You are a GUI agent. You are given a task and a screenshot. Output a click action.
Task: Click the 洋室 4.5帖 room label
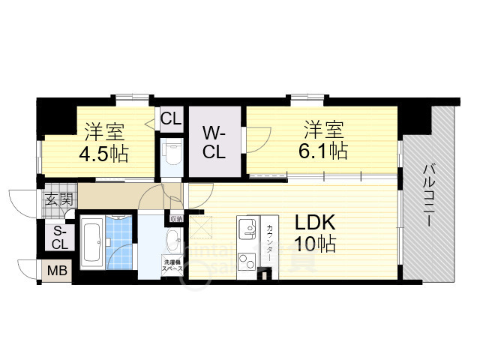pyautogui.click(x=105, y=142)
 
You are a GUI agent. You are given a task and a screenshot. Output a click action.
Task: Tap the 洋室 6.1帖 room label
pyautogui.click(x=325, y=139)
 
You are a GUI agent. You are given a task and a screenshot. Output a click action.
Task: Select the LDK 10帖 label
pyautogui.click(x=314, y=232)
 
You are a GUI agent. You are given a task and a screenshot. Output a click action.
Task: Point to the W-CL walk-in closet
pyautogui.click(x=214, y=142)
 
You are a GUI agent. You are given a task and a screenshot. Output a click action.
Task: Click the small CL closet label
pyautogui.click(x=171, y=118)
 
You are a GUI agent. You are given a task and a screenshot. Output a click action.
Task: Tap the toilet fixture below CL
pyautogui.click(x=172, y=153)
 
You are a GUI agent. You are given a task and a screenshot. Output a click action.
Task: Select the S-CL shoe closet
pyautogui.click(x=59, y=237)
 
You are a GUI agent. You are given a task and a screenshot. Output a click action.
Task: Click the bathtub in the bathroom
pyautogui.click(x=94, y=241)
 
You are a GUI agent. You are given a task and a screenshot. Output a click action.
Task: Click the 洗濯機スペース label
pyautogui.click(x=172, y=265)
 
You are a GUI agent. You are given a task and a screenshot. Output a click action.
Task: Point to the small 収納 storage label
pyautogui.click(x=176, y=218)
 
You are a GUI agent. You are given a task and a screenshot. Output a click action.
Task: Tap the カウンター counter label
pyautogui.click(x=268, y=241)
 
